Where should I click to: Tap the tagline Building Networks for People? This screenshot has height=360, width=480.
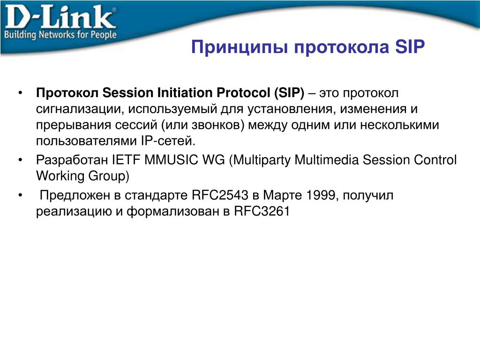[x=60, y=34]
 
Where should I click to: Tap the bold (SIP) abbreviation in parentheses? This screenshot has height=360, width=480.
[x=289, y=93]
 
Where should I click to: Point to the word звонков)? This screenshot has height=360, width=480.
[x=218, y=125]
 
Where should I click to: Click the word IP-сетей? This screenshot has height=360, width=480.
[x=168, y=141]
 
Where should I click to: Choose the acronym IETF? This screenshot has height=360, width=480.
[x=126, y=160]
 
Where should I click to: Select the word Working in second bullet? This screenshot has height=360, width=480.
[x=60, y=176]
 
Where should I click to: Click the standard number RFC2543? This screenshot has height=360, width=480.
[x=220, y=195]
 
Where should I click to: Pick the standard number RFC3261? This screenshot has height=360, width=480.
[x=262, y=211]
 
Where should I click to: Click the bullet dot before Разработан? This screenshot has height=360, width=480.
[x=20, y=160]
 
